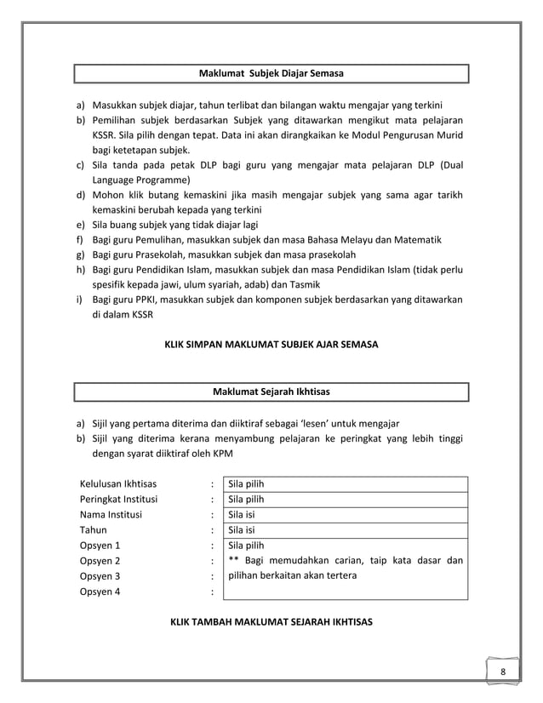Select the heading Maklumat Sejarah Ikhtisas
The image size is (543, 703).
click(271, 392)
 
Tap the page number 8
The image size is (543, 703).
click(503, 672)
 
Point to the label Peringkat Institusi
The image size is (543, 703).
click(118, 500)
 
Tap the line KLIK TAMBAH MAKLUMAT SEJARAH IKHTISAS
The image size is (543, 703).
click(271, 621)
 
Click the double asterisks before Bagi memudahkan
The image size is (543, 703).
click(233, 560)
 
